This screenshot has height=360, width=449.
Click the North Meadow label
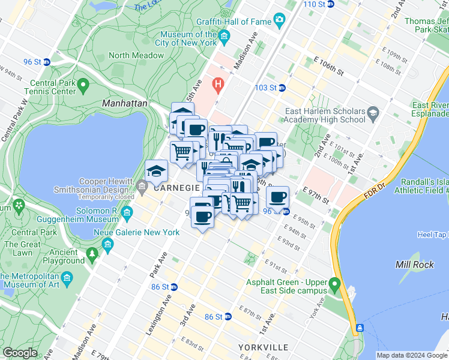click(136, 55)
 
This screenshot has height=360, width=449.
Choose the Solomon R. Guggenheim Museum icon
click(127, 213)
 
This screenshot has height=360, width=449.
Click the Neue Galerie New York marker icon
click(107, 243)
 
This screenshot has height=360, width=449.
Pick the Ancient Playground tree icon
click(92, 254)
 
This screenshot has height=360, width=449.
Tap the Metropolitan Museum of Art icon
click(66, 279)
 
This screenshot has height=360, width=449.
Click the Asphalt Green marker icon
click(336, 283)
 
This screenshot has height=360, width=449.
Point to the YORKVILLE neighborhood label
click(263, 347)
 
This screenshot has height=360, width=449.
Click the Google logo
click(20, 353)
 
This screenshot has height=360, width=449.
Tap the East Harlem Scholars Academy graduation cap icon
click(372, 113)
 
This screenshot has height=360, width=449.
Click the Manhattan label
click(124, 103)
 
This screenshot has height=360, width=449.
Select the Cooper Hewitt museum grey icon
click(142, 188)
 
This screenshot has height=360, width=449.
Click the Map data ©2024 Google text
click(412, 355)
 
